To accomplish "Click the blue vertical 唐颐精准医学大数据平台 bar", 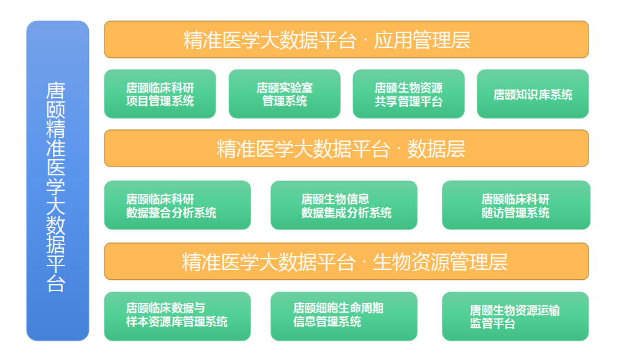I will (x=58, y=180).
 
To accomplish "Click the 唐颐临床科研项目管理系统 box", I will (x=160, y=94).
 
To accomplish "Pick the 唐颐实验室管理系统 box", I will (x=284, y=94).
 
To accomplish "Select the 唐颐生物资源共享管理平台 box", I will (x=408, y=94).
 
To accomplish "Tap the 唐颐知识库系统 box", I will (x=533, y=95).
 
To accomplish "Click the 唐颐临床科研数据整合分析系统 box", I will (x=177, y=205).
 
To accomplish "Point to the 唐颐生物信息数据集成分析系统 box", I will (x=344, y=205).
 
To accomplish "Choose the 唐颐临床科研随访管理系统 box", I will (x=516, y=205).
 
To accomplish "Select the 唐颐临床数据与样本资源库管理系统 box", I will (x=177, y=316).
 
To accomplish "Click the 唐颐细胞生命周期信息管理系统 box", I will (x=344, y=316).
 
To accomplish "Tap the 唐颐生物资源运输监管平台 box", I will (x=515, y=316).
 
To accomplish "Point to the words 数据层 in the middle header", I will (x=436, y=149).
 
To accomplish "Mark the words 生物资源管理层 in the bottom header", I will (x=439, y=262).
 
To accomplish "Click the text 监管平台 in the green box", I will (x=492, y=324).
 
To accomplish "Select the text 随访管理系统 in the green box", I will (x=515, y=213).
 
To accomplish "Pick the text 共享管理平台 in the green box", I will (x=408, y=101).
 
